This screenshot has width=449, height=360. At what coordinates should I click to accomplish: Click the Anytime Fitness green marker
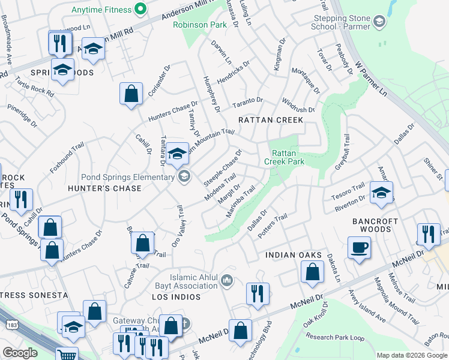(140, 9)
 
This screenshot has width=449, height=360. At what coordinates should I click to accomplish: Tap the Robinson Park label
(199, 25)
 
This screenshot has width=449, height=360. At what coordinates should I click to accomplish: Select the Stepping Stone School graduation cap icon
(379, 22)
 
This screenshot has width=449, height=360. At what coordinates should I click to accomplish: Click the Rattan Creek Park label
(288, 157)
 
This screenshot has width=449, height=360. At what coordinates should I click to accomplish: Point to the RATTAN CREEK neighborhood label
(270, 120)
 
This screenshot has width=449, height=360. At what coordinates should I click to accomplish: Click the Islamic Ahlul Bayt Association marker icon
(226, 280)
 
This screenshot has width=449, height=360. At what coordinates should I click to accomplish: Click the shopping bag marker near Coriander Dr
(131, 95)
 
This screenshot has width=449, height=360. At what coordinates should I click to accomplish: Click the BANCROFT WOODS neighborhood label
(391, 225)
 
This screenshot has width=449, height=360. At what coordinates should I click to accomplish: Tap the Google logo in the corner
(20, 353)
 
